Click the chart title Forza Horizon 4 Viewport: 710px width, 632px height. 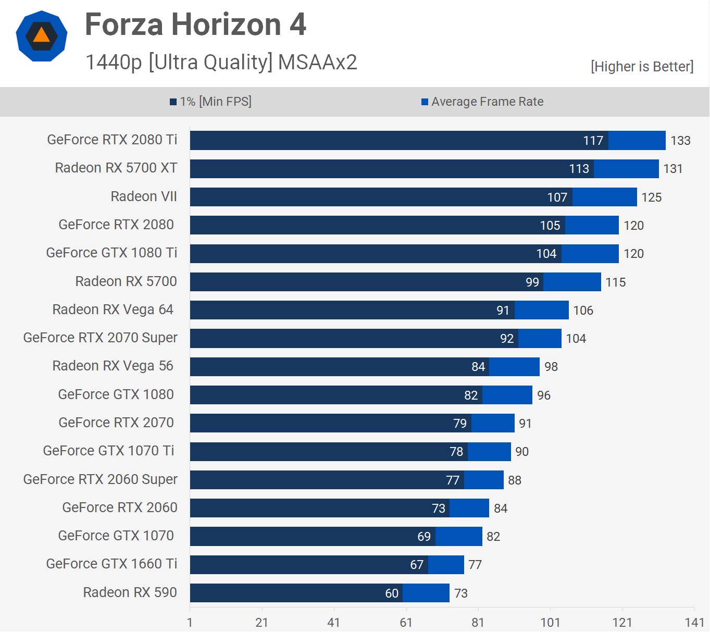(x=195, y=24)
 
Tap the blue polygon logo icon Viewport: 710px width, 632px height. (x=42, y=36)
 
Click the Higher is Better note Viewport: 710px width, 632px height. (x=642, y=67)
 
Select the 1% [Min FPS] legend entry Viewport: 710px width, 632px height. (x=211, y=102)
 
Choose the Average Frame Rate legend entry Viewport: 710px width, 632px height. (x=482, y=102)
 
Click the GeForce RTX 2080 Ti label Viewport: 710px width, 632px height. (x=112, y=140)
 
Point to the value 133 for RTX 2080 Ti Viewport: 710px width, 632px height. (x=680, y=141)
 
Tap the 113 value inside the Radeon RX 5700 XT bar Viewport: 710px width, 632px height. (x=579, y=169)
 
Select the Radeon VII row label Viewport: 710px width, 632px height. (x=144, y=196)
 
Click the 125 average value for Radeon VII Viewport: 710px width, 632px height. (x=651, y=197)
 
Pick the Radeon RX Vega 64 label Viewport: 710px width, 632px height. (x=113, y=309)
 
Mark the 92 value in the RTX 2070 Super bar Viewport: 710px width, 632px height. (x=507, y=339)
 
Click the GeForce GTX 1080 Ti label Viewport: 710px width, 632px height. (x=111, y=253)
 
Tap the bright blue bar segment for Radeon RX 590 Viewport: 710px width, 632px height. (x=426, y=593)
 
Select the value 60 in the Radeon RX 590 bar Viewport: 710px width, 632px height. (x=392, y=593)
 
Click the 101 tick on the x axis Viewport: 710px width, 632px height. (x=550, y=623)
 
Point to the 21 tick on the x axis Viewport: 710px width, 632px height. (x=261, y=623)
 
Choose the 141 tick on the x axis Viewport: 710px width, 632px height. (x=694, y=623)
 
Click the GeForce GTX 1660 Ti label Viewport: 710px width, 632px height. (x=111, y=564)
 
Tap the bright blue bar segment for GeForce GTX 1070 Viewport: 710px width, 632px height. (x=459, y=537)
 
